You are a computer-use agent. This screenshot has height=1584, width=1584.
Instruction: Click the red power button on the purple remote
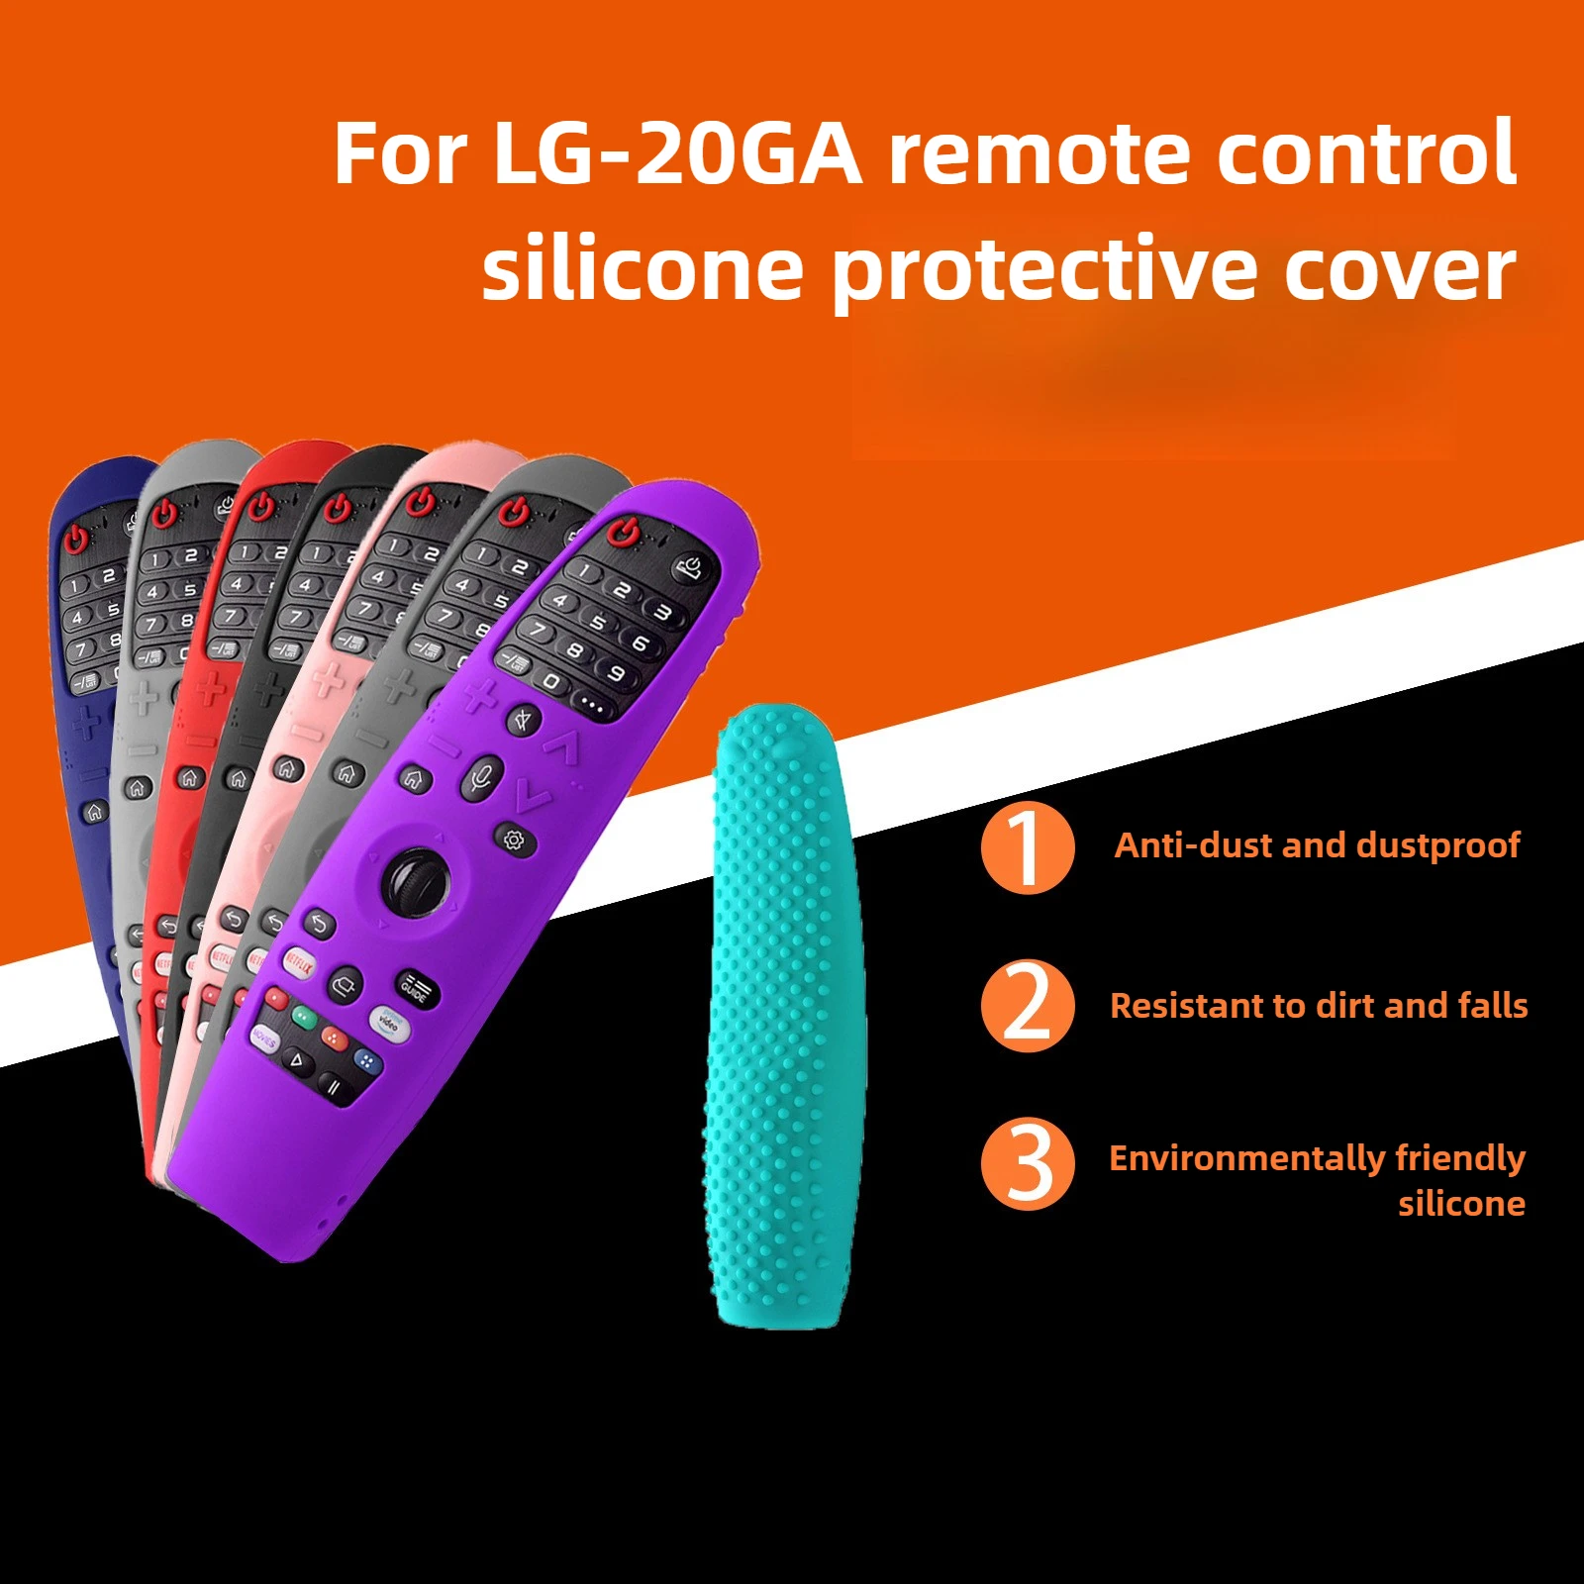[622, 533]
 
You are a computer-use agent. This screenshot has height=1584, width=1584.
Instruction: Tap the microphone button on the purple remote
[482, 777]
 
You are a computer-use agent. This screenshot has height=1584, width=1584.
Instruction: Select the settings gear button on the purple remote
[513, 841]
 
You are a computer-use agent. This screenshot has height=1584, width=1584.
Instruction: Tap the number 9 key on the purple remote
[616, 674]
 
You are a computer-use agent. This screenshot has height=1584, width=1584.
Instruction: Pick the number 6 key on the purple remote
[641, 643]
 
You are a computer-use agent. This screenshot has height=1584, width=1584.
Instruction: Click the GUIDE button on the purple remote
[415, 988]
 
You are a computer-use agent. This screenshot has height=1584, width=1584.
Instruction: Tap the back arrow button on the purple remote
[319, 925]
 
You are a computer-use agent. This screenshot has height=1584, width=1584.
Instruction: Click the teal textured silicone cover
[782, 1020]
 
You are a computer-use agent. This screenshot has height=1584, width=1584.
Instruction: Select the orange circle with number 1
[1028, 848]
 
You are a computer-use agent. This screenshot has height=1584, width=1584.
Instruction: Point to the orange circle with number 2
[1028, 1006]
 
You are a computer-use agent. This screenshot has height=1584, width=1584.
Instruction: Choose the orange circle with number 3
[1028, 1164]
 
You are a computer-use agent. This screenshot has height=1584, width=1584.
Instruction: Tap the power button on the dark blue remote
[77, 539]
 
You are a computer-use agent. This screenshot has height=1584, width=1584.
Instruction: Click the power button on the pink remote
[422, 501]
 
